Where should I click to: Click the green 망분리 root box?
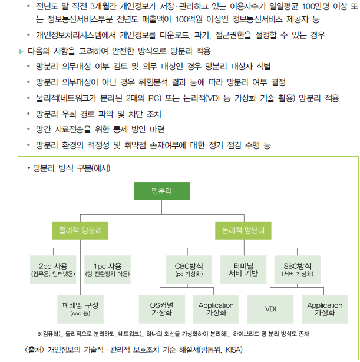tap(160, 191)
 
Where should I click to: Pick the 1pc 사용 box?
tap(107, 269)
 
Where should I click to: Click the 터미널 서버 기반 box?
tap(242, 269)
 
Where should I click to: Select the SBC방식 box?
tap(297, 269)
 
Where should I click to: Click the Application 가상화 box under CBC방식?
tap(216, 308)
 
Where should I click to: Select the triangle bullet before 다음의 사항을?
tap(22, 51)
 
